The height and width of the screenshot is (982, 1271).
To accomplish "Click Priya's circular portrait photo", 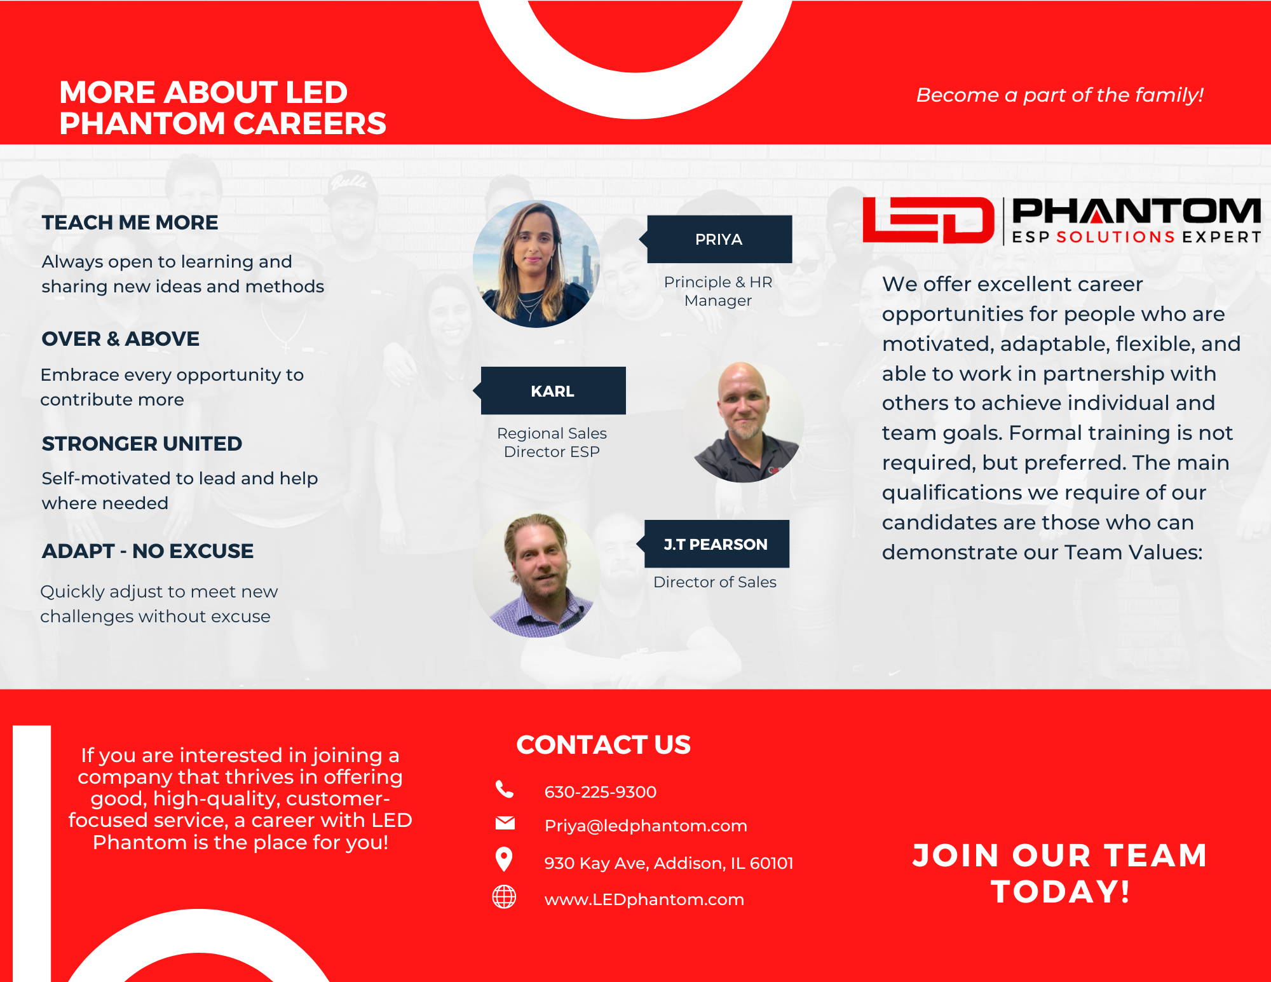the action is pyautogui.click(x=536, y=264).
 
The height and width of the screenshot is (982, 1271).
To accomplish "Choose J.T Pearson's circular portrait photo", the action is pyautogui.click(x=537, y=575).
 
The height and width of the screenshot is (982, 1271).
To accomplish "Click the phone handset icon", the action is pyautogui.click(x=505, y=789).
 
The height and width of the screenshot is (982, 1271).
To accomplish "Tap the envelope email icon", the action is pyautogui.click(x=505, y=823).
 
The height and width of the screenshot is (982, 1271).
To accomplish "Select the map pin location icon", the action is pyautogui.click(x=504, y=859).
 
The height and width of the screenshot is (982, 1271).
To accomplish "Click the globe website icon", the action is pyautogui.click(x=505, y=897).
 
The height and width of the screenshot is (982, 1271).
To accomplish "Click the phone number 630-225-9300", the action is pyautogui.click(x=601, y=792).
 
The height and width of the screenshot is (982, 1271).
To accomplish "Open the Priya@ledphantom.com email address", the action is pyautogui.click(x=646, y=826).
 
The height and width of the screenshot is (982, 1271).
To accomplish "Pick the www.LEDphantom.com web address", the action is pyautogui.click(x=644, y=899).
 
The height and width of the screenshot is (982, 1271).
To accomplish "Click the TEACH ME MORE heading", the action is pyautogui.click(x=130, y=222).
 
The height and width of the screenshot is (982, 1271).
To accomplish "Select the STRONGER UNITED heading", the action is pyautogui.click(x=142, y=444).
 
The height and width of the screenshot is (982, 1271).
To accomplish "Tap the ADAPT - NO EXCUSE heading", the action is pyautogui.click(x=147, y=551).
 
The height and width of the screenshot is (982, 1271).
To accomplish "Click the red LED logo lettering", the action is pyautogui.click(x=928, y=220).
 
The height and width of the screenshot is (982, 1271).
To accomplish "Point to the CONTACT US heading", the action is pyautogui.click(x=603, y=745).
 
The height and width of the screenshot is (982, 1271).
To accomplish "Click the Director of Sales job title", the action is pyautogui.click(x=715, y=582).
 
